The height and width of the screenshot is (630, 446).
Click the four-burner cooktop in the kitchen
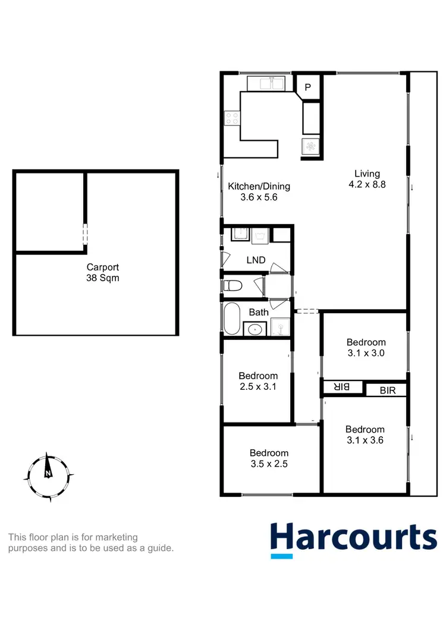click(231, 118)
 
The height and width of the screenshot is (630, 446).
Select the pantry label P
click(307, 87)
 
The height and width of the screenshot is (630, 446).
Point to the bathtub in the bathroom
click(232, 319)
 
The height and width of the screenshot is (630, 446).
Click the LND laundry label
click(256, 260)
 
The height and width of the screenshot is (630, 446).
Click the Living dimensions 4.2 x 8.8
click(367, 184)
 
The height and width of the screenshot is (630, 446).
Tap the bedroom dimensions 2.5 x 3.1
click(258, 386)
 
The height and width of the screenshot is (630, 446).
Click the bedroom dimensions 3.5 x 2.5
click(269, 464)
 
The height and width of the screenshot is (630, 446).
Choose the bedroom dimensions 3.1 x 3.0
click(366, 352)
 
